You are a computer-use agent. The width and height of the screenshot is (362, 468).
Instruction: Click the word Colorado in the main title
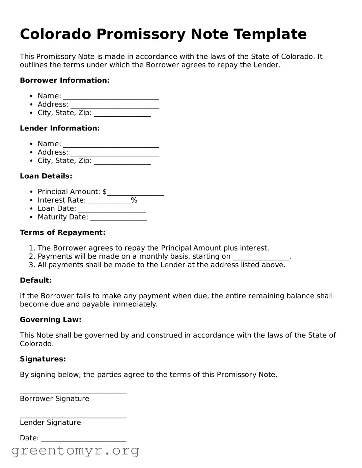[x=56, y=34]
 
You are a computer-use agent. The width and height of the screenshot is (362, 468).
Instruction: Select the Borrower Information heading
[x=64, y=80]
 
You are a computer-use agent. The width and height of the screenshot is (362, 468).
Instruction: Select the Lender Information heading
[x=60, y=128]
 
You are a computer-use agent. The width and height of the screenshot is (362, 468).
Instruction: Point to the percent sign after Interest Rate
[x=134, y=200]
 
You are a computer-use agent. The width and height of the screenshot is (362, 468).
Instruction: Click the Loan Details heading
[x=46, y=176]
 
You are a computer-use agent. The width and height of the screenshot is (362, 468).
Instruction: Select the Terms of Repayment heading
[x=62, y=232]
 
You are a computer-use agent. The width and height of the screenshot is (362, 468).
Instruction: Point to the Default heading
[x=36, y=280]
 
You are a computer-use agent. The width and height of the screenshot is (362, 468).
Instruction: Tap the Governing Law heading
[x=51, y=320]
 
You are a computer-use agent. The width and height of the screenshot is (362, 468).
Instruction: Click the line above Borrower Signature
[x=73, y=392]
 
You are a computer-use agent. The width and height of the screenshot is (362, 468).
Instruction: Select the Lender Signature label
[x=50, y=422]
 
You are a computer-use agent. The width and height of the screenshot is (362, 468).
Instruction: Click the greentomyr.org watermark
[x=75, y=450]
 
